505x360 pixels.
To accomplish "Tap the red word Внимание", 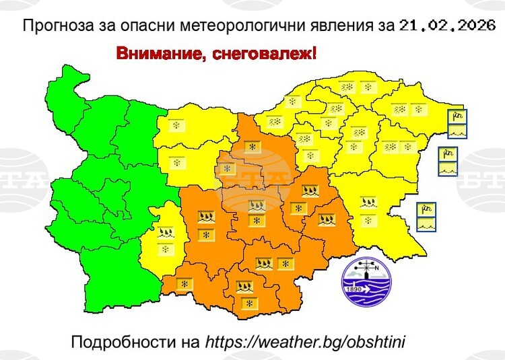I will pos(155,54).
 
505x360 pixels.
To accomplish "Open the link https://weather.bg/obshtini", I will pos(304,342).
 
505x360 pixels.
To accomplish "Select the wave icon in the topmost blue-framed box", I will pos(457,131).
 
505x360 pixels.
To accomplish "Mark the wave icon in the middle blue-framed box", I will pos(448,169).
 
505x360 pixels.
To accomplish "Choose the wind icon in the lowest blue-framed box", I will pos(426,209).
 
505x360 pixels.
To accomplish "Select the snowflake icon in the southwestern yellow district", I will pos(164,249).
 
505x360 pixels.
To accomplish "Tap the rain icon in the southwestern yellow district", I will pos(164,233).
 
